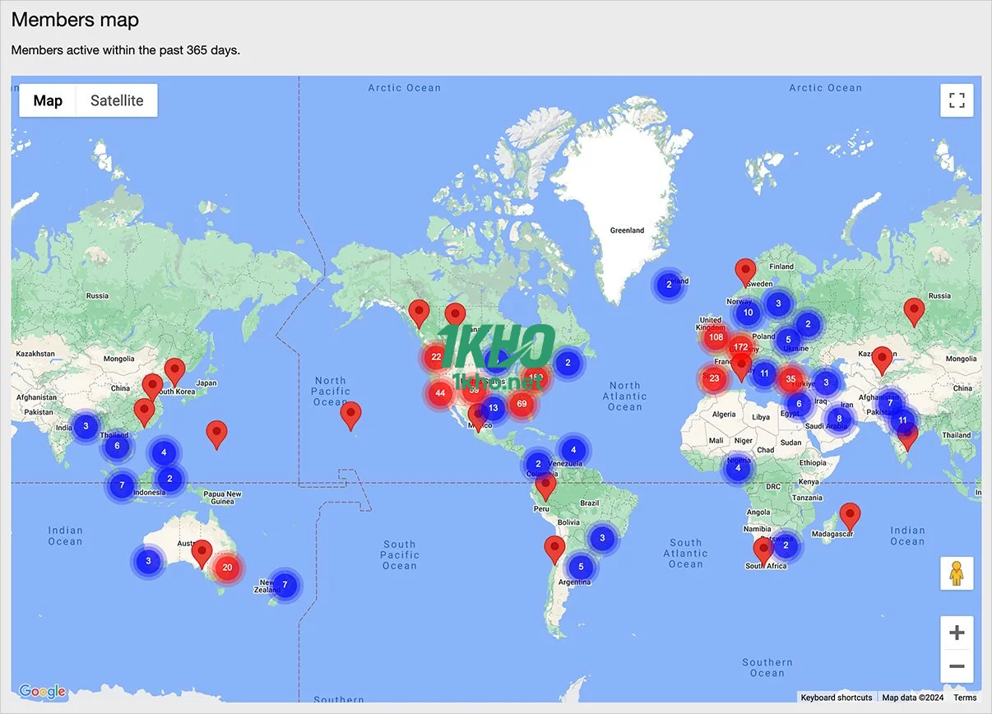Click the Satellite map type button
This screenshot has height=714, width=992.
(117, 100)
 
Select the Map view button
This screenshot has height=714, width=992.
(48, 100)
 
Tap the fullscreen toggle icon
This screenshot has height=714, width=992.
(957, 100)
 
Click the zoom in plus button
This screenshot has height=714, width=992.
(957, 633)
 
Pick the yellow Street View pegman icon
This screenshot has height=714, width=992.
(957, 573)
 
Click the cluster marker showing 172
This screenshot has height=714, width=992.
(740, 347)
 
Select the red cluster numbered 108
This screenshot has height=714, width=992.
(715, 337)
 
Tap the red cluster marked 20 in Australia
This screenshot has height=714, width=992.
(227, 567)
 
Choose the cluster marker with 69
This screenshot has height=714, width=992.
(521, 403)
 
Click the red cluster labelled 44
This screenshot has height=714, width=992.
(440, 393)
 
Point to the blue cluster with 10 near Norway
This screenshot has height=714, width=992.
(747, 313)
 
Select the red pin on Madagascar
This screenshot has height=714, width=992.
(850, 516)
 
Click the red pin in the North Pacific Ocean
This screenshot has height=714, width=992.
(351, 415)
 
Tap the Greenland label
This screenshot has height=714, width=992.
(627, 230)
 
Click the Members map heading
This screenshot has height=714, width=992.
(75, 20)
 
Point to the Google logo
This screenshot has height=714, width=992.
(41, 691)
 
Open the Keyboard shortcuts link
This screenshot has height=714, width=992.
(837, 698)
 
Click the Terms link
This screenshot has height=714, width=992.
(965, 698)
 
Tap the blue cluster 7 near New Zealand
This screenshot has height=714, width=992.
(285, 585)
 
